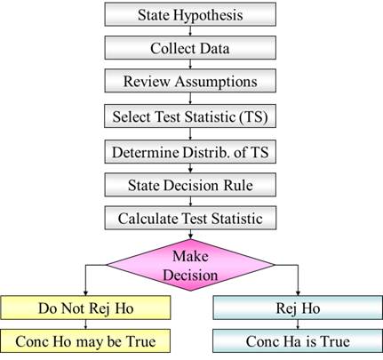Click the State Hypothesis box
click(x=190, y=14)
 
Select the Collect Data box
click(x=190, y=48)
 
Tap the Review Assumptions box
click(x=190, y=81)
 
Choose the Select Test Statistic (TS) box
click(x=190, y=116)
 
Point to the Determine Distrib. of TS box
click(x=190, y=152)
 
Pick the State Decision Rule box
click(x=190, y=185)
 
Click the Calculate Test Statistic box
click(x=190, y=219)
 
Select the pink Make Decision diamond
click(x=190, y=265)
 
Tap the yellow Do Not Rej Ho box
click(x=85, y=308)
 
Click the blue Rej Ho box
click(x=298, y=308)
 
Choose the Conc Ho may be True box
click(x=85, y=341)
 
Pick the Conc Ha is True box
click(x=298, y=341)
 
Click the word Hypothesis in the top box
click(x=208, y=15)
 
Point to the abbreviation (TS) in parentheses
click(x=253, y=116)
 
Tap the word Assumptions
click(x=216, y=82)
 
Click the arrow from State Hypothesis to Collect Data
click(x=190, y=31)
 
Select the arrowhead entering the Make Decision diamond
click(x=190, y=236)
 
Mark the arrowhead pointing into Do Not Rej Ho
click(x=85, y=293)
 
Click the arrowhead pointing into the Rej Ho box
click(x=298, y=293)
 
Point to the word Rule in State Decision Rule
click(x=238, y=186)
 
